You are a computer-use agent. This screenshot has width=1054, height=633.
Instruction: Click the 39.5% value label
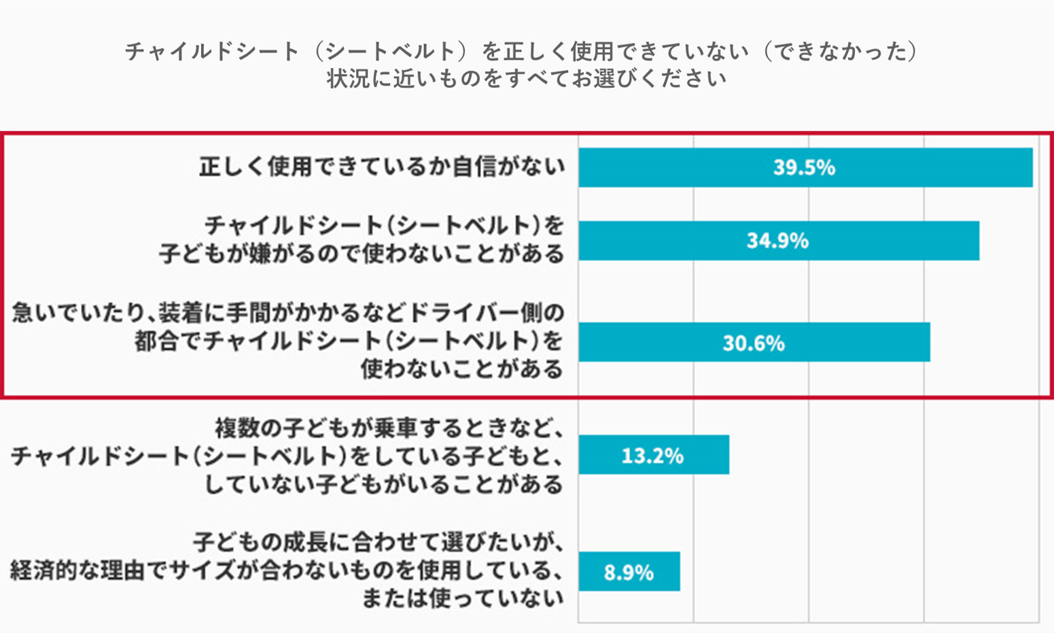pyautogui.click(x=804, y=167)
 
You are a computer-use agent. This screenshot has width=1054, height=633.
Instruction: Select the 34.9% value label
pyautogui.click(x=777, y=241)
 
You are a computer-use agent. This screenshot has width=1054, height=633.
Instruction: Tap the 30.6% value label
pyautogui.click(x=753, y=343)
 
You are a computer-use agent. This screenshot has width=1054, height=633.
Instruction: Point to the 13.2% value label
pyautogui.click(x=652, y=455)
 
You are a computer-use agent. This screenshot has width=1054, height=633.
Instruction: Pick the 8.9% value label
pyautogui.click(x=629, y=572)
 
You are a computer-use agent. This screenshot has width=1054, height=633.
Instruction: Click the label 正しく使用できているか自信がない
pyautogui.click(x=382, y=167)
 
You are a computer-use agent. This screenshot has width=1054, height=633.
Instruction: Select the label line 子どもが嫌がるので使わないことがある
pyautogui.click(x=362, y=254)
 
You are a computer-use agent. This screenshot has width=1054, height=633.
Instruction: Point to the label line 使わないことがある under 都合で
pyautogui.click(x=462, y=369)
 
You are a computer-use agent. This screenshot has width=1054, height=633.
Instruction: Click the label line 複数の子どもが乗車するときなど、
pyautogui.click(x=389, y=428)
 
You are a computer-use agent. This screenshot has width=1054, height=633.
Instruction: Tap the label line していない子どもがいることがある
pyautogui.click(x=384, y=484)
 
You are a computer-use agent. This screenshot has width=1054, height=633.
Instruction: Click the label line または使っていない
pyautogui.click(x=462, y=598)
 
